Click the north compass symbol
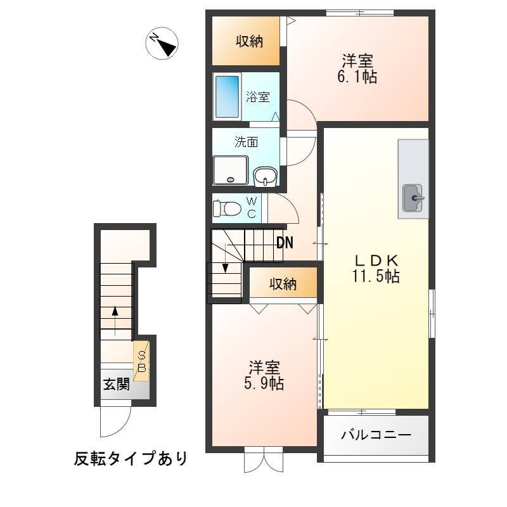162,43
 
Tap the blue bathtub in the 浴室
227,97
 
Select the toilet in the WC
226,209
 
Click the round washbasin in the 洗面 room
265,177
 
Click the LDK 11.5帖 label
376,268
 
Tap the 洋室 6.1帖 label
357,69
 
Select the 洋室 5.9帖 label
264,375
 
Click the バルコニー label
376,435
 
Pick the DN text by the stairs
285,243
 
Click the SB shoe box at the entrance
141,361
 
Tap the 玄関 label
117,385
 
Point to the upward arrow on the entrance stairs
115,321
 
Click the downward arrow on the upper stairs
226,259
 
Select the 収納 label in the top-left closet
249,41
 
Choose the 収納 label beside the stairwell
283,284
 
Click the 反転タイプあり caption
131,458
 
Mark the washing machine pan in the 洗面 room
231,170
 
